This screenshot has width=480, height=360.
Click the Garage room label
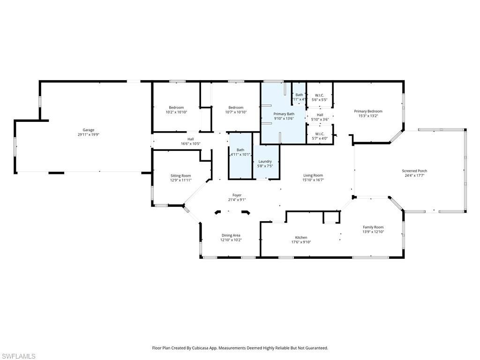[89, 130]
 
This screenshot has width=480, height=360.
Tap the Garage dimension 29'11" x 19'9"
[89, 135]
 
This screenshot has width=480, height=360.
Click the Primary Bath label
[284, 114]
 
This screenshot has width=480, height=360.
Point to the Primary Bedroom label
[368, 111]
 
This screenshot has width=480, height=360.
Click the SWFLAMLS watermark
[19, 356]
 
